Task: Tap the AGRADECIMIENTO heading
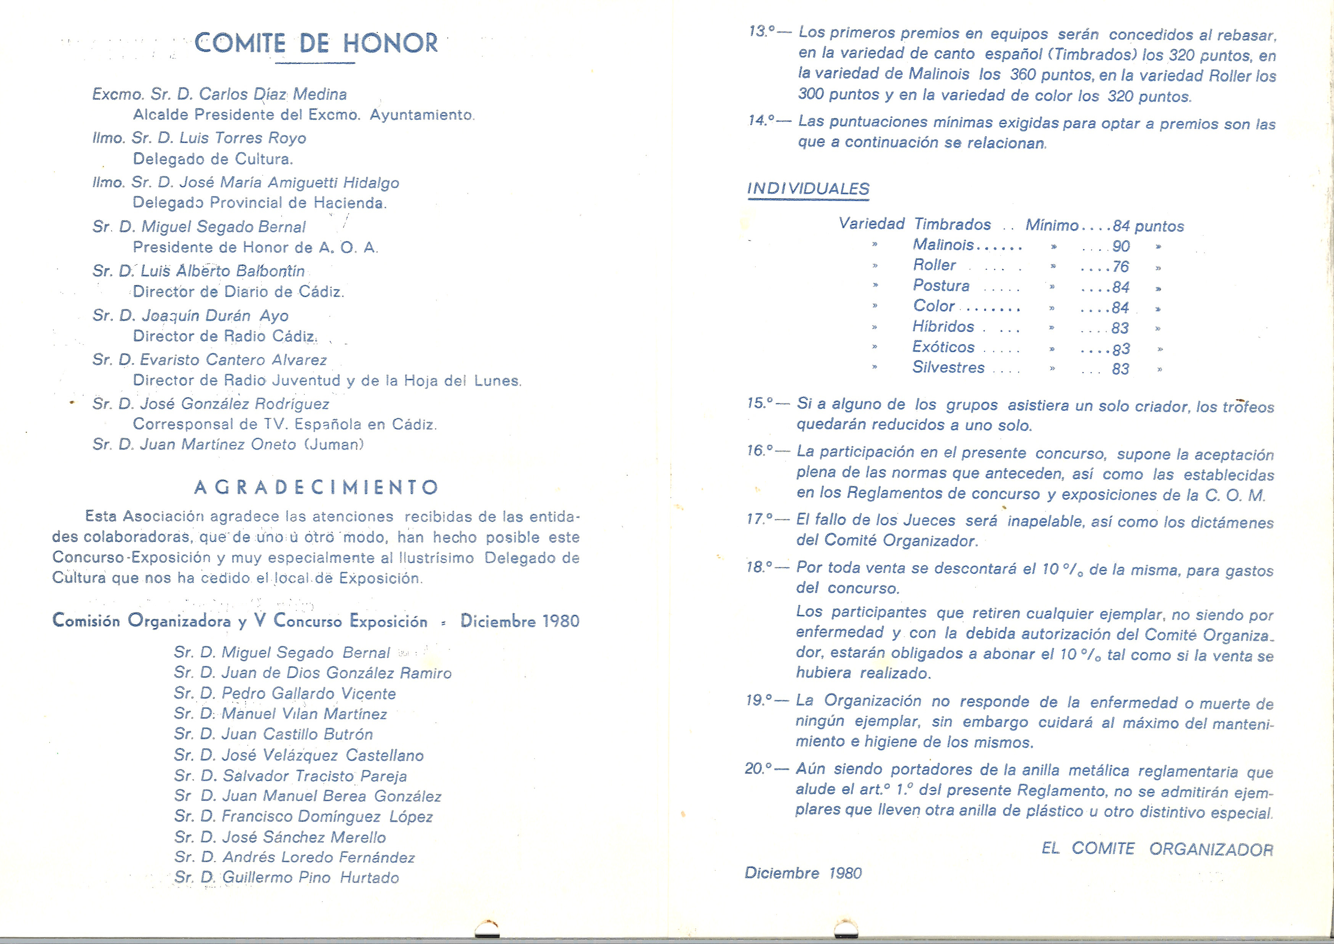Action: coord(316,487)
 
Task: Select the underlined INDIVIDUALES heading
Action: coord(808,189)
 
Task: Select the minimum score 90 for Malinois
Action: coord(1121,246)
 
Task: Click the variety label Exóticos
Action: coord(943,347)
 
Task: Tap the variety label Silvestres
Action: coord(948,367)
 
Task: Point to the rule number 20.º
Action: coord(758,769)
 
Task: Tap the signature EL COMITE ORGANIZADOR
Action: coord(1157,849)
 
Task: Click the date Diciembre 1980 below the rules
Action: coord(803,873)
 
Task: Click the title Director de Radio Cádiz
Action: coord(224,336)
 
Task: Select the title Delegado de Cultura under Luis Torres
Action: coord(213,159)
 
